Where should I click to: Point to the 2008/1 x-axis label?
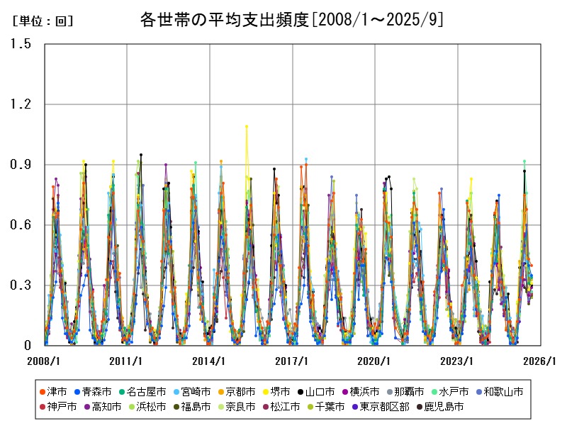44,361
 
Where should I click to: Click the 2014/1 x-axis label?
209,361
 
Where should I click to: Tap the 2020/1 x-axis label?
375,361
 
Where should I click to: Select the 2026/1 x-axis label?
540,361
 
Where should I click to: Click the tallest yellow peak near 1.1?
246,126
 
